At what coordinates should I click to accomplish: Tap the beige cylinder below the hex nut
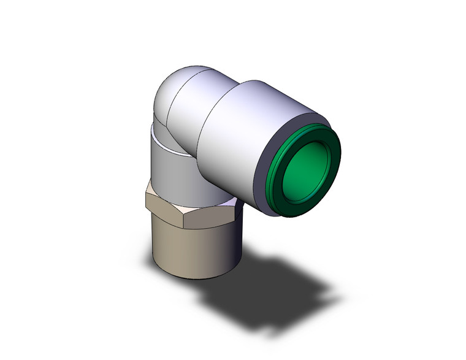coord(190,251)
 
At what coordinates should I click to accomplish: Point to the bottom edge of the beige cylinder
coord(190,278)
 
